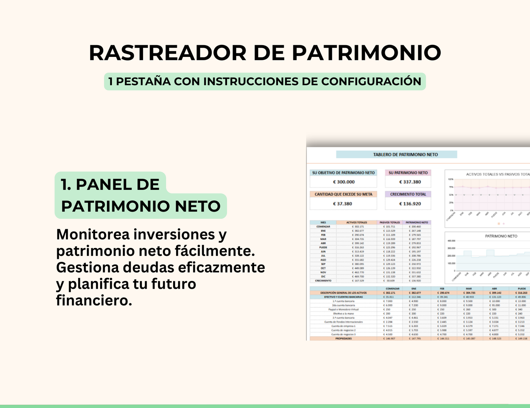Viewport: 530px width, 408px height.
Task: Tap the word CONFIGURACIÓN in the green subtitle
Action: pos(371,81)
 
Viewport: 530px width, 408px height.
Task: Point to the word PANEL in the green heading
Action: pos(117,184)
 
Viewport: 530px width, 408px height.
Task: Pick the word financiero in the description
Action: pos(94,300)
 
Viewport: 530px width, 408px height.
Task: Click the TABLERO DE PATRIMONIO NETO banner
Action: pos(405,155)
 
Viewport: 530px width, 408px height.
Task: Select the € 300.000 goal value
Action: pos(344,182)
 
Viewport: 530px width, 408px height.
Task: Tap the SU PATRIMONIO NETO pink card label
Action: pos(408,173)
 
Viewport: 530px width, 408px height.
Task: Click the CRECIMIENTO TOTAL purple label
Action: pos(408,194)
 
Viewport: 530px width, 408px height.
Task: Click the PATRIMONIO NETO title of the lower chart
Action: pos(501,236)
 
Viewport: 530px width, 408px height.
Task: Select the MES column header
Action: pos(323,222)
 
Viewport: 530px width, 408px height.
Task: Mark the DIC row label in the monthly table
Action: pos(323,277)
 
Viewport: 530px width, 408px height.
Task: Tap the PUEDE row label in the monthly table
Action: pos(323,248)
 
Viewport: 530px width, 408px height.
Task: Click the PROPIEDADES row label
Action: pos(343,339)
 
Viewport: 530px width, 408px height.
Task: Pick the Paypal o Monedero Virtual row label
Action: pos(343,310)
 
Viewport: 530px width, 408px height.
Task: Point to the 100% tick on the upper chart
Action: pos(451,179)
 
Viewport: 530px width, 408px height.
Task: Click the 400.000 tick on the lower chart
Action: pos(451,241)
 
